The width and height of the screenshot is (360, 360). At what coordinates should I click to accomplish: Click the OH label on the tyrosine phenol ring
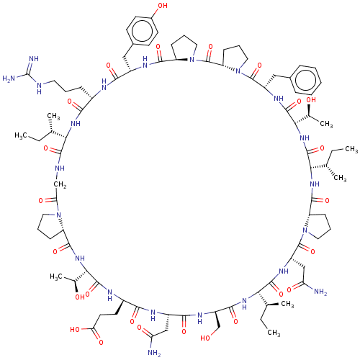pos(163,6)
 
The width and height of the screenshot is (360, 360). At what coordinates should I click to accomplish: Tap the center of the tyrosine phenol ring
pos(142,31)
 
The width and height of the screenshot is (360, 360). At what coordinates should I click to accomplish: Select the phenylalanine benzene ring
pos(305,79)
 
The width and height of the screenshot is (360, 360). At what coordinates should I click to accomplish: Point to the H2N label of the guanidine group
pos(9,78)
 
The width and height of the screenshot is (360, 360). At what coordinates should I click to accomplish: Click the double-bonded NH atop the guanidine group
pos(34,59)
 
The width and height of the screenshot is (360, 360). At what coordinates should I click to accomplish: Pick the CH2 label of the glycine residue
pos(60,185)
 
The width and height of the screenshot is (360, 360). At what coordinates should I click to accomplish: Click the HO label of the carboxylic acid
pos(75,329)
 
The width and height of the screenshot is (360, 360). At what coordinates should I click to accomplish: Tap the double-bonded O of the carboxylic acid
pos(101,342)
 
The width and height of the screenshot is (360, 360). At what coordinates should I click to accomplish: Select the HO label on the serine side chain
pos(205,338)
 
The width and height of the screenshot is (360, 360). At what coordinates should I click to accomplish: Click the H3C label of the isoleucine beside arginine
pos(21,135)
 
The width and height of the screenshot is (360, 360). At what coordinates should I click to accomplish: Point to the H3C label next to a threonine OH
pos(56,276)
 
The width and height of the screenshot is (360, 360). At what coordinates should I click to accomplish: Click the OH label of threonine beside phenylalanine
pos(311,99)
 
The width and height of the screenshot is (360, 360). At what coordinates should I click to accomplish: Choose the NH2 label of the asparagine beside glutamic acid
pos(154,353)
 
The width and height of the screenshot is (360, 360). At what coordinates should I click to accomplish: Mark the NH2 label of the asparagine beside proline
pos(320,292)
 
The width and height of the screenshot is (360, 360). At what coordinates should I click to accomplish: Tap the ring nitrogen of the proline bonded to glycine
pos(58,215)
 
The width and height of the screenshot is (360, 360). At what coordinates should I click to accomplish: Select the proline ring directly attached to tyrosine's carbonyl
pos(184,48)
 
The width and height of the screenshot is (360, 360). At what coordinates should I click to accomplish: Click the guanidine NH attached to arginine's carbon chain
pos(40,88)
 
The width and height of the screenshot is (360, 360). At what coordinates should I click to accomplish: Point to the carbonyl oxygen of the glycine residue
pos(41,200)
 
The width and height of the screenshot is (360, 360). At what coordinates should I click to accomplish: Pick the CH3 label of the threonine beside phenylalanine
pos(326,124)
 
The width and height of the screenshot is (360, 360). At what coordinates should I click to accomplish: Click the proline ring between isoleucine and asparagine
pos(317,225)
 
